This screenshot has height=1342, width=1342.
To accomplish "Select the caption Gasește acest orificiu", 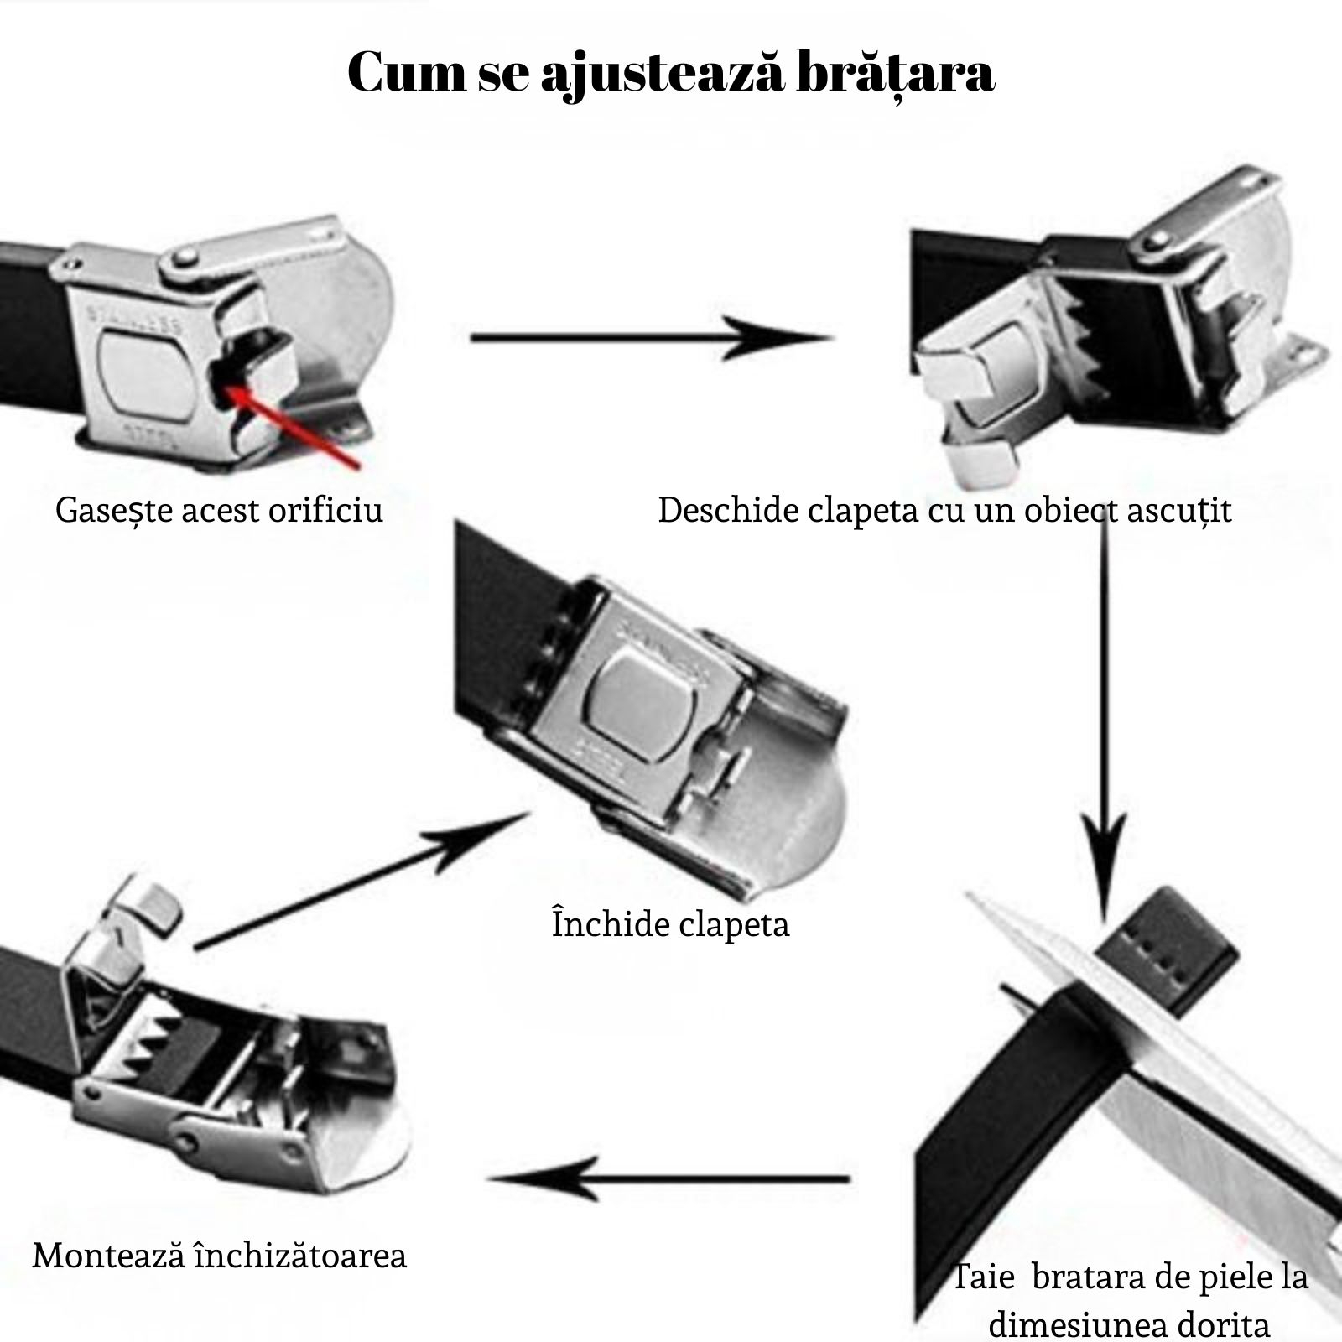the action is coord(219,510).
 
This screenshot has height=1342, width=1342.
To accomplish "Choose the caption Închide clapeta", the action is coord(670,924).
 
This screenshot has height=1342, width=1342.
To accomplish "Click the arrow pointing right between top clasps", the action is coord(650,338).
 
